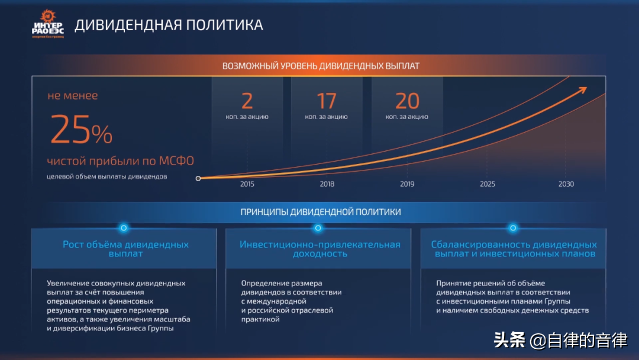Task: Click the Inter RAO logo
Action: (48, 24)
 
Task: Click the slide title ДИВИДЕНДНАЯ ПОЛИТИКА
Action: (169, 25)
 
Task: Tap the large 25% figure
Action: (81, 130)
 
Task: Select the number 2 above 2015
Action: (247, 101)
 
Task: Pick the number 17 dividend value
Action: (327, 101)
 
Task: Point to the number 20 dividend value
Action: (406, 101)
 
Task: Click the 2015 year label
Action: (247, 184)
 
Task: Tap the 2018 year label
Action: (327, 184)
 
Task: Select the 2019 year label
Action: (407, 184)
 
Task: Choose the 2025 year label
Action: (488, 184)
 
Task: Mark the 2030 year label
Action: (566, 184)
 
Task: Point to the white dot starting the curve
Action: (198, 179)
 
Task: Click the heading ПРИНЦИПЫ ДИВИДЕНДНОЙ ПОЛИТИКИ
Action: (320, 212)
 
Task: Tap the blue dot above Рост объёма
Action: (124, 228)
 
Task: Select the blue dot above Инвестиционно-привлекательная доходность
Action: (318, 228)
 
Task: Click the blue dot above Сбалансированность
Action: (513, 228)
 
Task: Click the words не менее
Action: (73, 96)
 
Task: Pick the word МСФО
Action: (176, 160)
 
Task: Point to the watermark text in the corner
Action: (560, 340)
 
